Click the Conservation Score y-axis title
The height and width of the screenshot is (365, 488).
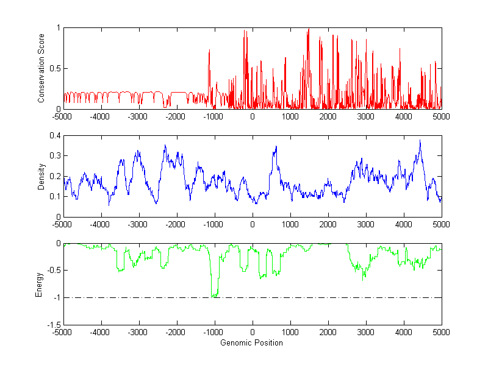(41, 68)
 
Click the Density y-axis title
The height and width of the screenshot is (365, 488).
(41, 176)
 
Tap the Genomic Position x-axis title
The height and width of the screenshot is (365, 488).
(252, 343)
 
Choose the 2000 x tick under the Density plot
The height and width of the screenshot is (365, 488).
(328, 224)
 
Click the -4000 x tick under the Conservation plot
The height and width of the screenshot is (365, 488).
(100, 116)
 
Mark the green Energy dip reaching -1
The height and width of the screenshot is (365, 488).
(214, 296)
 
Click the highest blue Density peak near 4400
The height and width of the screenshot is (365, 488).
(420, 141)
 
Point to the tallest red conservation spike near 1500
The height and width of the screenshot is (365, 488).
(309, 29)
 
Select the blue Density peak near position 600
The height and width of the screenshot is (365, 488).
(276, 147)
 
